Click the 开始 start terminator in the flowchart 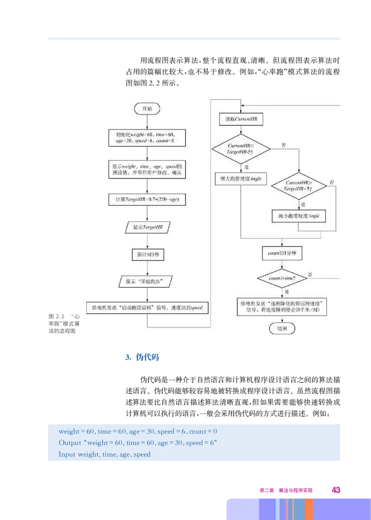pos(147,108)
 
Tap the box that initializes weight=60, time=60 pos(147,137)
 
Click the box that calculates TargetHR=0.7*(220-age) pos(147,200)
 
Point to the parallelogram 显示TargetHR pos(147,227)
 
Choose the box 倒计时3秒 pos(147,254)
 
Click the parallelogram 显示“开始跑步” pos(147,281)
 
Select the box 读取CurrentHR pos(241,119)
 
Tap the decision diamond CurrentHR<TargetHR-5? pos(241,149)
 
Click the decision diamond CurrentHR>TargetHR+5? pos(299,187)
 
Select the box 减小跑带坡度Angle pos(299,216)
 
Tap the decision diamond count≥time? pos(282,278)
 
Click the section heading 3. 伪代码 pos(142,357)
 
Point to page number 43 pos(336,490)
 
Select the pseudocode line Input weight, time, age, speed pos(105,454)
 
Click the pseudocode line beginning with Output pos(138,443)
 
